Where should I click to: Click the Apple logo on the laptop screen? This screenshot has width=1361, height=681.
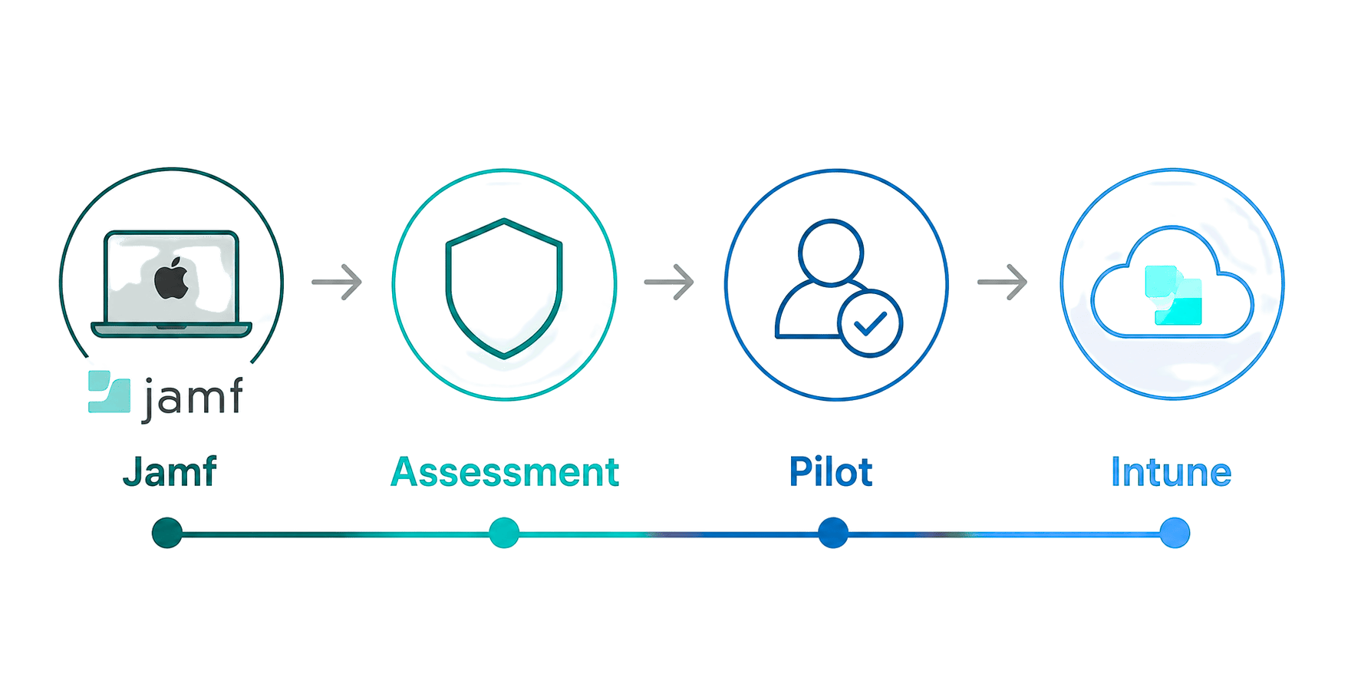pos(172,279)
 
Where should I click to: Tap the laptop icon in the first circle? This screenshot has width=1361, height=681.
pos(171,284)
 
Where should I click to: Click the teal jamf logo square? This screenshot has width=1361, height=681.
pos(109,392)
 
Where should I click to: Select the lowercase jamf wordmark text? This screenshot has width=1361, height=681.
pos(193,398)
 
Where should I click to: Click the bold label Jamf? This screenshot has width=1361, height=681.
pos(170,471)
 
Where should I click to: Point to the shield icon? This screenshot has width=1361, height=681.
pos(504,288)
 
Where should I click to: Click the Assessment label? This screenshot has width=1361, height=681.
pos(505,471)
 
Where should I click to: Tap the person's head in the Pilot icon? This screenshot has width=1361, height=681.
pos(831,253)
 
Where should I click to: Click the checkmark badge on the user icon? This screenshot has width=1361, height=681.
pos(870,323)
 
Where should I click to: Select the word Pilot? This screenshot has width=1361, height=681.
pos(831,471)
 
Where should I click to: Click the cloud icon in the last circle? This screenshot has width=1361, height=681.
pos(1172,282)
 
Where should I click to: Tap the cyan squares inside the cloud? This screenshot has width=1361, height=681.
pos(1173,296)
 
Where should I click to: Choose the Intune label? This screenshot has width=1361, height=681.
pos(1171,471)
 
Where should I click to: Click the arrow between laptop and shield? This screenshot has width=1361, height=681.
pos(337,282)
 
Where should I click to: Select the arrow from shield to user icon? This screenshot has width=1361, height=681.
pos(669,282)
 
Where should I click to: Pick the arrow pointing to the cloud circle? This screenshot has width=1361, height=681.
pos(1002,282)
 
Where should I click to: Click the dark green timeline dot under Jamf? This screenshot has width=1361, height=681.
pos(167,533)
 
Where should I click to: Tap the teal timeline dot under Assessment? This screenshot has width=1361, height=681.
pos(504,533)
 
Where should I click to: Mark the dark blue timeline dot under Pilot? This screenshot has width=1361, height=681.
pos(833,533)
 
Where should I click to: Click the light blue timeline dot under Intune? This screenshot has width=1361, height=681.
pos(1175,533)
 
